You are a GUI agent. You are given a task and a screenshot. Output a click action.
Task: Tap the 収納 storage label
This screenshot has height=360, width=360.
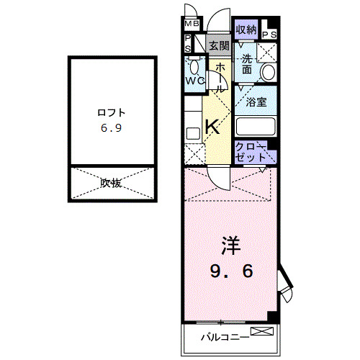(x=246, y=30)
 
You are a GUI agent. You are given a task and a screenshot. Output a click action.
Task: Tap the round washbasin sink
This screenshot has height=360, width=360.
(x=268, y=72)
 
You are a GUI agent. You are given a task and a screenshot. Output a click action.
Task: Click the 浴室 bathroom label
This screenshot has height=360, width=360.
(x=256, y=102)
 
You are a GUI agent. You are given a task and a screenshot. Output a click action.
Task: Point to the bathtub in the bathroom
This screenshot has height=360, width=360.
(x=256, y=127)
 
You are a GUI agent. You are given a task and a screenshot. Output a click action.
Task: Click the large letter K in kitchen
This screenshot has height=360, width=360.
(x=212, y=128)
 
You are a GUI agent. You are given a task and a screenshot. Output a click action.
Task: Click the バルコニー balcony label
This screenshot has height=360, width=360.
(x=224, y=336)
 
